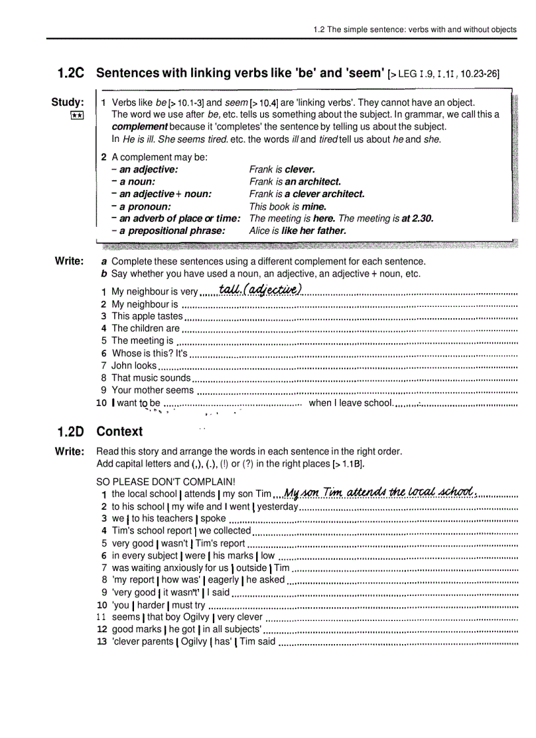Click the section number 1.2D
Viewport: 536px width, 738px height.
70,432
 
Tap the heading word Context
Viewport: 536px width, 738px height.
119,432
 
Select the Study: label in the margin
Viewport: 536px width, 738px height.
68,103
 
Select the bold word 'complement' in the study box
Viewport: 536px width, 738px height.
140,127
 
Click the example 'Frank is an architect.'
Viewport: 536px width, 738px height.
295,181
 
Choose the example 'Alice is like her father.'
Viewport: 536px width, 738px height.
297,231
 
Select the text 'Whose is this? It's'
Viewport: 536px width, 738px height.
150,354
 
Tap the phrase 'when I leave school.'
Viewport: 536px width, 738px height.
350,403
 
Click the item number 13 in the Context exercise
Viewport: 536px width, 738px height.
102,642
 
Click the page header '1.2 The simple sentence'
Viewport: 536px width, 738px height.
414,30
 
